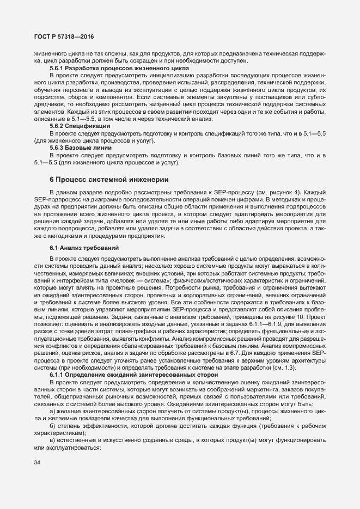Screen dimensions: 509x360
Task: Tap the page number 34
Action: (x=38, y=463)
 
